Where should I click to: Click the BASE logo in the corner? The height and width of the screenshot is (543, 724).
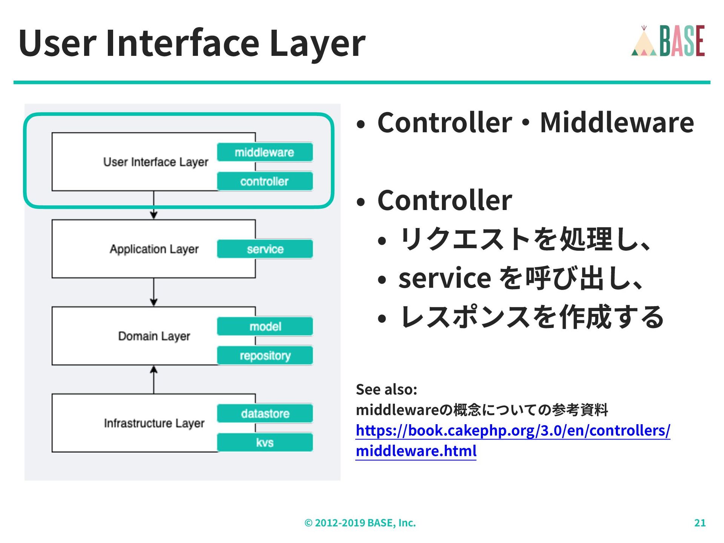click(x=668, y=41)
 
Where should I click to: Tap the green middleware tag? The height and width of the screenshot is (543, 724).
click(x=265, y=152)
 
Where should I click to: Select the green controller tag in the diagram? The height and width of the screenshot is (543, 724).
click(x=265, y=181)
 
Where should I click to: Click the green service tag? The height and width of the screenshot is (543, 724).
click(x=265, y=249)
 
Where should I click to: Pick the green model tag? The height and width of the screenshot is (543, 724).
click(x=265, y=326)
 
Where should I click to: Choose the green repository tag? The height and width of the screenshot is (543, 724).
click(x=265, y=356)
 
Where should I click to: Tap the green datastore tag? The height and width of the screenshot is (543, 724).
click(x=265, y=413)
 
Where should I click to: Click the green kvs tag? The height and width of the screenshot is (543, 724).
click(x=265, y=442)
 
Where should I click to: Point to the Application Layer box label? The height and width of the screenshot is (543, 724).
click(x=154, y=249)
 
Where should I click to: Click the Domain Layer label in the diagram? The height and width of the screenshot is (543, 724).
click(x=154, y=336)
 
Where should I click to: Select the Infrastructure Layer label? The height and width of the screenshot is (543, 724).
click(x=154, y=423)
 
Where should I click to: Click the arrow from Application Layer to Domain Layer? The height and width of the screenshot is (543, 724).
click(x=153, y=292)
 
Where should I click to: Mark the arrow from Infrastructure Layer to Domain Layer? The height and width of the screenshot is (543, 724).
click(x=153, y=379)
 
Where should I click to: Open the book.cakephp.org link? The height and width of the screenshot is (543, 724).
click(x=513, y=431)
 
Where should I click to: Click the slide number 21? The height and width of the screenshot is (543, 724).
click(x=700, y=523)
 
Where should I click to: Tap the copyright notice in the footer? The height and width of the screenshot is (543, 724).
click(x=360, y=523)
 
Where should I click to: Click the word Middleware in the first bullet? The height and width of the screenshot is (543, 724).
click(x=617, y=123)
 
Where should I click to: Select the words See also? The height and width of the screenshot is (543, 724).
click(x=387, y=389)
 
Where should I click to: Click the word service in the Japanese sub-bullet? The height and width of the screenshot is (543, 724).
click(x=445, y=278)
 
